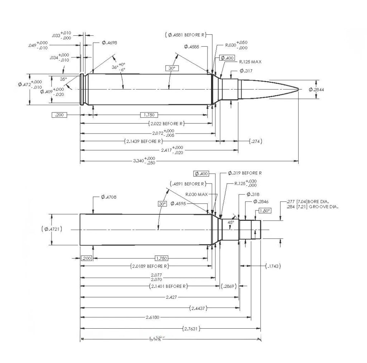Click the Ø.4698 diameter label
[x=109, y=43]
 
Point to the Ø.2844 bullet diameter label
[x=316, y=89]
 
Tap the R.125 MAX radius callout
[x=250, y=62]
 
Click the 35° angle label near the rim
[x=63, y=79]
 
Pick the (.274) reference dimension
[x=256, y=141]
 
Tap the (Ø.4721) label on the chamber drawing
[x=52, y=229]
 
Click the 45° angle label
[x=231, y=222]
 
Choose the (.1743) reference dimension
[x=273, y=266]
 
